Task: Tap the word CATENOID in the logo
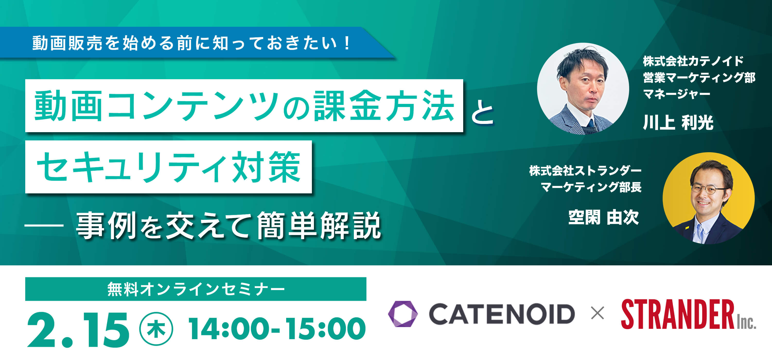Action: point(502,314)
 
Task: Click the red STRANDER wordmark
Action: point(678,314)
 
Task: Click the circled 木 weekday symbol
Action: point(156,329)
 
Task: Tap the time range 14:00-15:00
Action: point(277,329)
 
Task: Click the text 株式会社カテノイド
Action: point(693,61)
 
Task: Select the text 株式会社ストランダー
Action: point(585,171)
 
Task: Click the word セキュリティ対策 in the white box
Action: point(169,167)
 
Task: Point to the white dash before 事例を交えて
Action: point(44,225)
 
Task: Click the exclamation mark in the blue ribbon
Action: point(347,43)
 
